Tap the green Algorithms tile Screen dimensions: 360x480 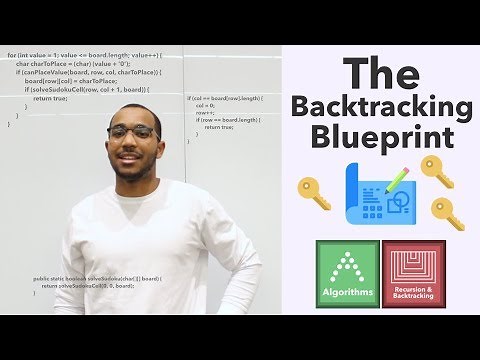(x=350, y=272)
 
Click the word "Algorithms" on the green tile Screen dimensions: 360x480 (x=350, y=292)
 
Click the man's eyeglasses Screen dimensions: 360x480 (x=130, y=133)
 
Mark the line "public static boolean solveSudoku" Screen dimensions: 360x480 (x=97, y=278)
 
